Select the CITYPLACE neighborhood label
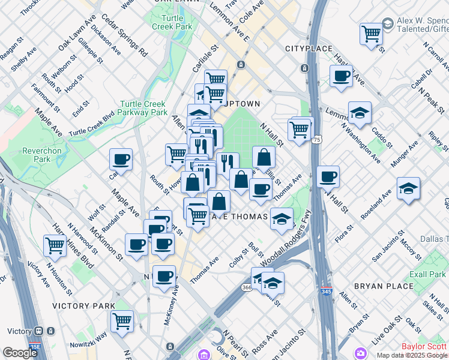[x=309, y=48]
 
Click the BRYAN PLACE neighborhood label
[x=388, y=286]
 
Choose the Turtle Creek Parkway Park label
[x=143, y=107]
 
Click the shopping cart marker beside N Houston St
[x=55, y=244]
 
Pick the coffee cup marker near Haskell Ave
[x=341, y=76]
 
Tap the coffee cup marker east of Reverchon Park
[x=121, y=159]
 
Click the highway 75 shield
[x=316, y=140]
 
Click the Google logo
[x=20, y=353]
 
